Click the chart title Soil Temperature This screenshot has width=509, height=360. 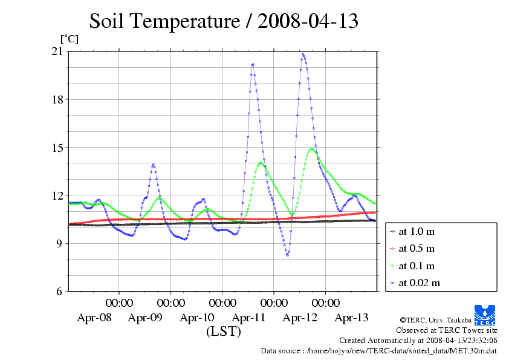pyautogui.click(x=224, y=21)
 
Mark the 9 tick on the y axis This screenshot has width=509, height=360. pyautogui.click(x=59, y=243)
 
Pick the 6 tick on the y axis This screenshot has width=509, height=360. pyautogui.click(x=59, y=291)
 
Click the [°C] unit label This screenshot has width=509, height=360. pyautogui.click(x=69, y=39)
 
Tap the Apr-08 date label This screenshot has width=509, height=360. pyautogui.click(x=94, y=317)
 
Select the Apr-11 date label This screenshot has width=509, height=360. pyautogui.click(x=248, y=317)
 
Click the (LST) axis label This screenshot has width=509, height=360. pyautogui.click(x=224, y=332)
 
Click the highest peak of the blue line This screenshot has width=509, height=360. pyautogui.click(x=303, y=54)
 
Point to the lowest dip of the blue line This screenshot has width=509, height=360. pyautogui.click(x=288, y=255)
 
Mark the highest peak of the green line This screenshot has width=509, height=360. pyautogui.click(x=312, y=149)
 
